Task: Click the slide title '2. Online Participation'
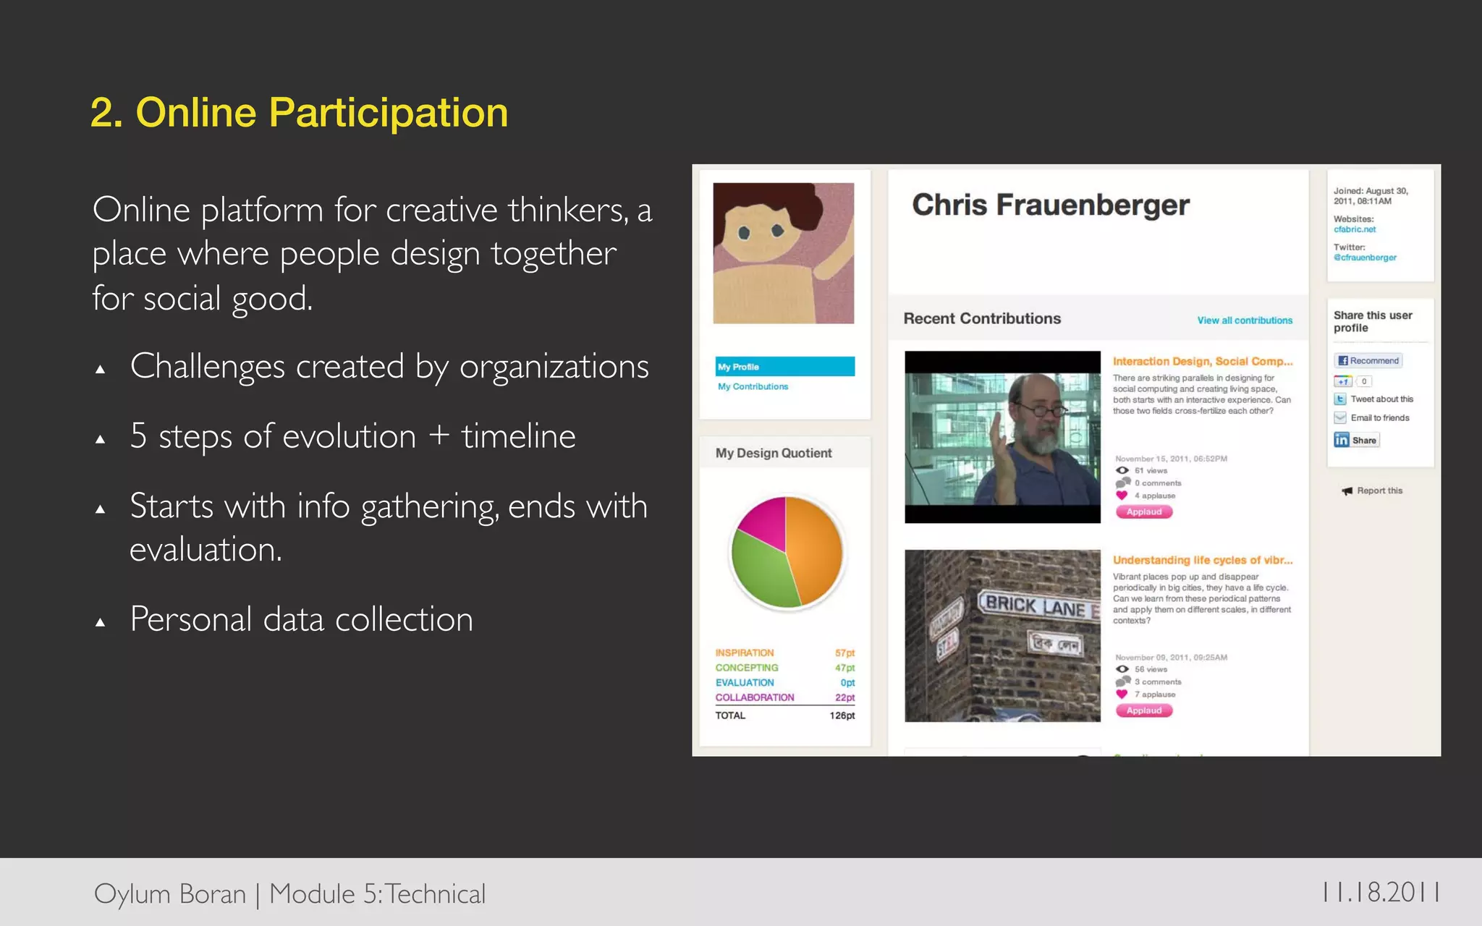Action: pos(299,113)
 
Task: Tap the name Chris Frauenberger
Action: pos(1050,205)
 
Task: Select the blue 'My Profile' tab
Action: pos(784,367)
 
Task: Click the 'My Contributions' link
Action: pos(753,387)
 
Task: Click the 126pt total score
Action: pos(842,715)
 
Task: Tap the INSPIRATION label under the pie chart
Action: pos(744,653)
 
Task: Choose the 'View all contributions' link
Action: pos(1244,320)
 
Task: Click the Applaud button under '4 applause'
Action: pos(1143,512)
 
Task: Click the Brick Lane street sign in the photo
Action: pos(1036,605)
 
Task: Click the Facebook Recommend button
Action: pos(1368,360)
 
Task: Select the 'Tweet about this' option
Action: pos(1381,399)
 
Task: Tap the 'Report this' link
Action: pos(1379,490)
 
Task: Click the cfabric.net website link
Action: pos(1355,229)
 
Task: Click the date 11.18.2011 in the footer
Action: pos(1380,893)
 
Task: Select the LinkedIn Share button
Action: pos(1356,440)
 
